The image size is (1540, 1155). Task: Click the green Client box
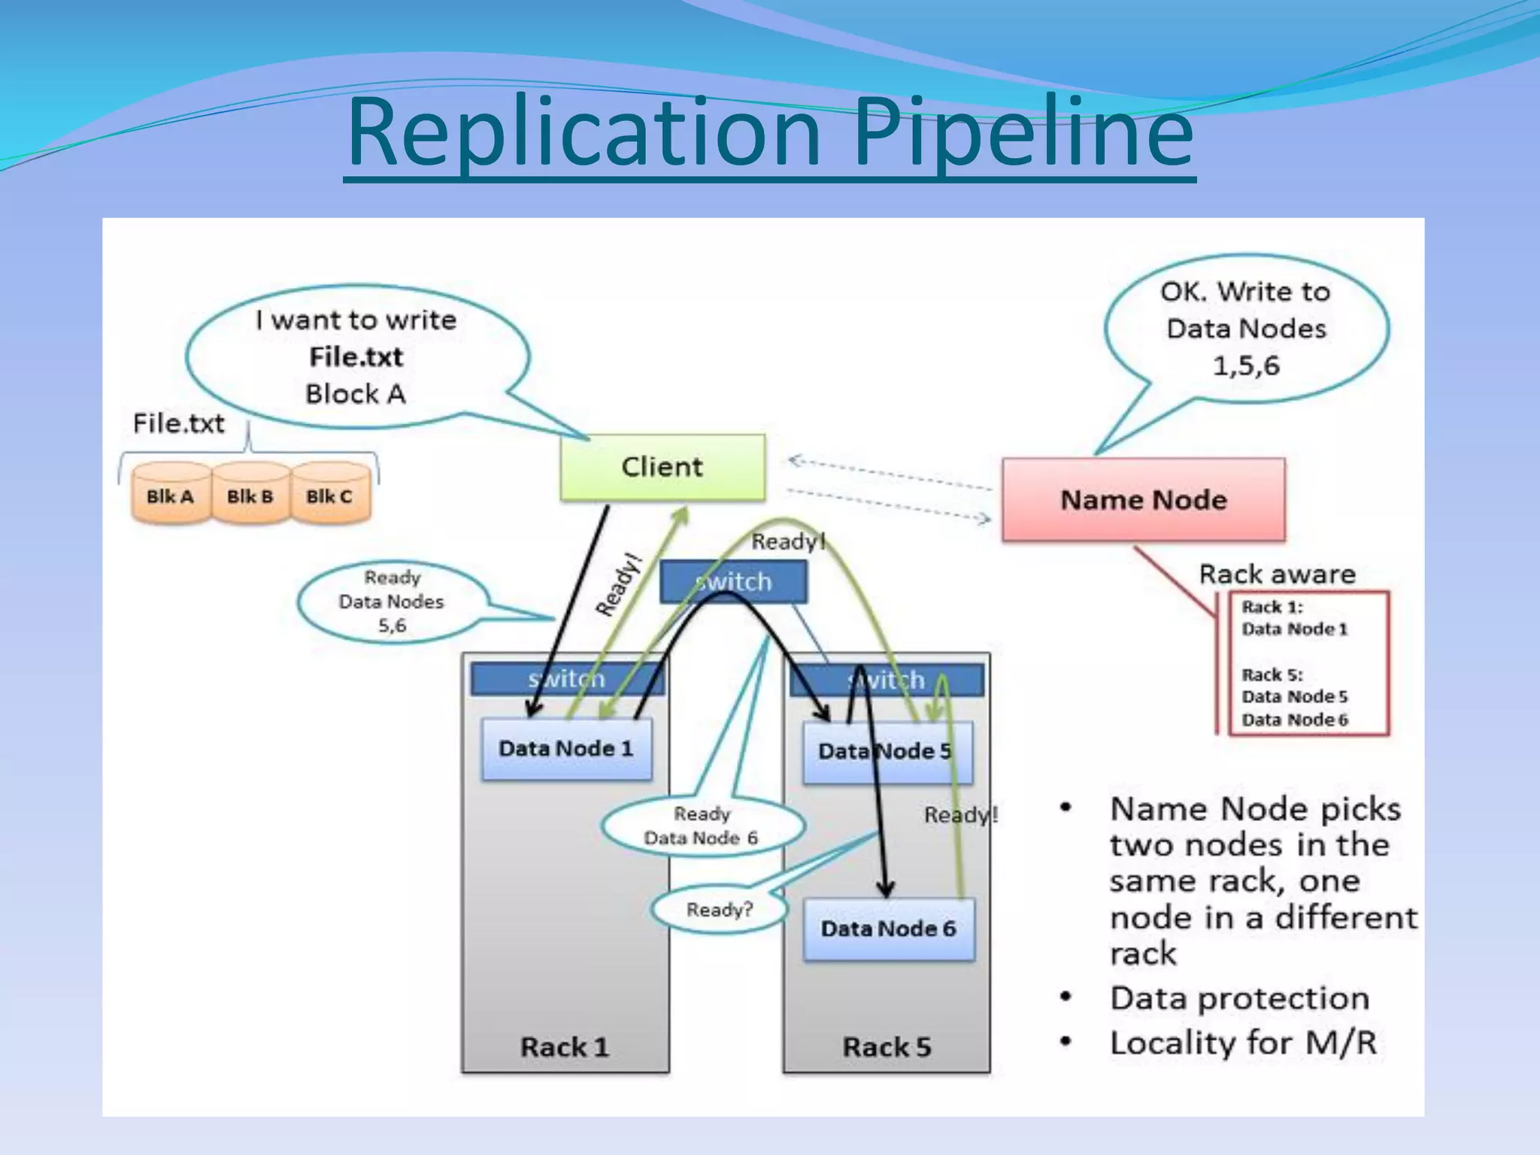(x=662, y=467)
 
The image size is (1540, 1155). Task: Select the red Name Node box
(x=1143, y=500)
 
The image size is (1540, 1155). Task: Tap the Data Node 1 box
(x=566, y=749)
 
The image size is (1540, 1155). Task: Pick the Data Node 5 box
(x=887, y=752)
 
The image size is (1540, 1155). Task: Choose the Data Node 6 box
(x=888, y=929)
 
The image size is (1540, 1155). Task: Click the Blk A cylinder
(x=170, y=496)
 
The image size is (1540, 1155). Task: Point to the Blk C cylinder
(x=329, y=496)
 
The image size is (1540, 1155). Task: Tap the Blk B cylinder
(x=250, y=496)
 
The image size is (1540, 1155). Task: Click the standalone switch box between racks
(x=733, y=582)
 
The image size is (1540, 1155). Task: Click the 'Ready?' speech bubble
(x=719, y=910)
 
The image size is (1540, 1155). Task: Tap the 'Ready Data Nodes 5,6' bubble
(x=391, y=602)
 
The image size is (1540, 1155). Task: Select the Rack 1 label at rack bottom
(x=565, y=1047)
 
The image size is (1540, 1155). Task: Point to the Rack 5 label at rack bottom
(x=887, y=1047)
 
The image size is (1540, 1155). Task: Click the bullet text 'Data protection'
(x=1239, y=999)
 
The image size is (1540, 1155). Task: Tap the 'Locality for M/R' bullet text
(x=1243, y=1043)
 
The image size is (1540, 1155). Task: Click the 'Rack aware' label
(x=1277, y=574)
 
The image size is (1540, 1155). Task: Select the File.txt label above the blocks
(x=179, y=423)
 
